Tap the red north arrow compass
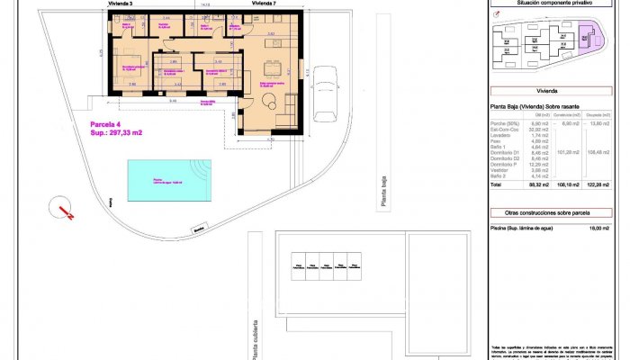click(x=64, y=210)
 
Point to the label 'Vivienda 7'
click(x=264, y=4)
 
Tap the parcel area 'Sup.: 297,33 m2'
click(x=116, y=133)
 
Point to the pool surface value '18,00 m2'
click(x=598, y=229)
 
